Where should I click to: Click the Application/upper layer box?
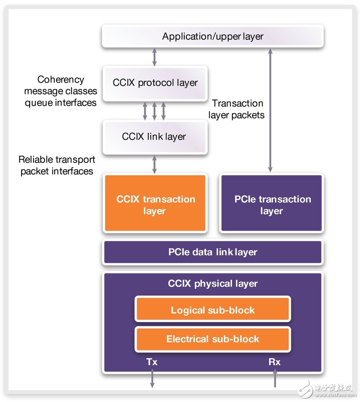coord(213,36)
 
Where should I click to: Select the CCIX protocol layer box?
coord(155,83)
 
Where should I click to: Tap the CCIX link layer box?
coord(155,137)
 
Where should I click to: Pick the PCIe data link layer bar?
coord(213,252)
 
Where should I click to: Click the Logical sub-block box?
coord(213,310)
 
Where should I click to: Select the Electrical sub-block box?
coord(213,339)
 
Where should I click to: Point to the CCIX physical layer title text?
coord(213,284)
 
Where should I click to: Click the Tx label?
coord(152,362)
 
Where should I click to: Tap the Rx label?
coord(274,362)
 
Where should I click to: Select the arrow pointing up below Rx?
coord(274,379)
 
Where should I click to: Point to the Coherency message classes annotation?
coord(61,91)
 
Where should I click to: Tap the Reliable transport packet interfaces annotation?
coord(57,165)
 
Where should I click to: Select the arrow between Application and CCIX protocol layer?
coord(155,57)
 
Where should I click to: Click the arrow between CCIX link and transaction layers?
coord(155,164)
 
